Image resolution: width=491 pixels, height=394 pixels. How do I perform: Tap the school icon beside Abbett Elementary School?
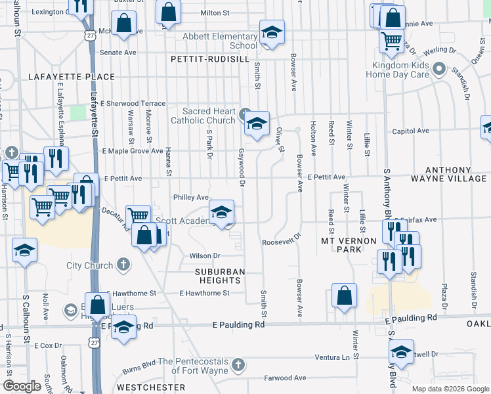272,32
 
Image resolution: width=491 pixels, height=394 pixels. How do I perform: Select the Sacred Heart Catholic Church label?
203,116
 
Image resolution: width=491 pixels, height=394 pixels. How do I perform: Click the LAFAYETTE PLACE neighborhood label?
71,77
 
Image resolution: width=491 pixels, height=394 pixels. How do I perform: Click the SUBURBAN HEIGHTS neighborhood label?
219,276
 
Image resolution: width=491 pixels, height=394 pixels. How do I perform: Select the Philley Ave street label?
190,197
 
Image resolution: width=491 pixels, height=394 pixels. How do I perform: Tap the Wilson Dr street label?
204,255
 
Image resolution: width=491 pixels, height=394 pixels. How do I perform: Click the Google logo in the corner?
22,386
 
